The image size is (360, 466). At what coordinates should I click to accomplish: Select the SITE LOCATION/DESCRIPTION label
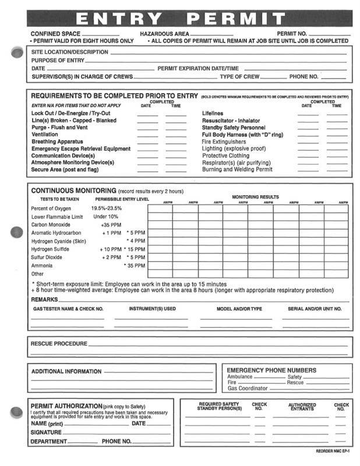69,52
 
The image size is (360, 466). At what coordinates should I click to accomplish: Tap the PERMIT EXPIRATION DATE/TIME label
198,68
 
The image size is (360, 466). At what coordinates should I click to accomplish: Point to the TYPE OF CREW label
240,76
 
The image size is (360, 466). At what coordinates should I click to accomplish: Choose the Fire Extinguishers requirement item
224,142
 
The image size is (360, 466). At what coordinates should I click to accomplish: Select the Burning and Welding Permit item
237,170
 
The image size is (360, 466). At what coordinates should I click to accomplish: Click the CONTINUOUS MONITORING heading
73,190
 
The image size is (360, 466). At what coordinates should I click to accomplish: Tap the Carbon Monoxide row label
51,225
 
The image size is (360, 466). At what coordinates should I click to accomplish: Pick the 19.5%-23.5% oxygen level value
107,208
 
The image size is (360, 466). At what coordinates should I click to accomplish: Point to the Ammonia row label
42,265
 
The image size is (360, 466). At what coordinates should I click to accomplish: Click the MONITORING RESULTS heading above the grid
255,197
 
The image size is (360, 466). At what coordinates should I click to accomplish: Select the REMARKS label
44,299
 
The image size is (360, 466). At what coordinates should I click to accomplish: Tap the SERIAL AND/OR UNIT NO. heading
315,309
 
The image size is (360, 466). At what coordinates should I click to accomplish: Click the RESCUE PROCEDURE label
58,344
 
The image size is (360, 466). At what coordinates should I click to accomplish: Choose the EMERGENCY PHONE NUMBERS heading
271,370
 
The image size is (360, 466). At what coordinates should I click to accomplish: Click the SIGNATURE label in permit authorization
46,433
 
